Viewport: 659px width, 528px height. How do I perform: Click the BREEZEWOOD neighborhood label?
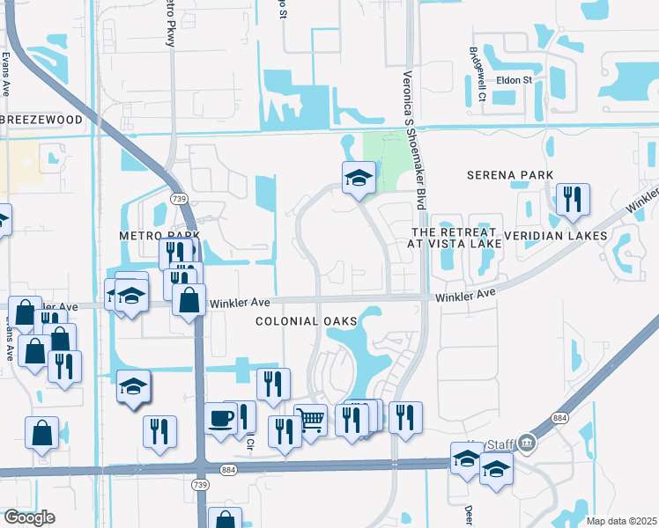click(x=42, y=120)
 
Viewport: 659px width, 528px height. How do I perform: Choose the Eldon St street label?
click(x=515, y=80)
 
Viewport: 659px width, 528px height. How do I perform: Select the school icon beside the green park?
click(x=359, y=179)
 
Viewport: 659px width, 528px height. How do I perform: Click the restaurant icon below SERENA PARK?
click(x=573, y=200)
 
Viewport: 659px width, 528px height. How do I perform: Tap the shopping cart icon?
click(x=310, y=421)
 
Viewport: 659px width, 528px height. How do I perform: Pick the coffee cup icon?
click(x=221, y=419)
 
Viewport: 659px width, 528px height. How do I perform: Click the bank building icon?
click(x=527, y=441)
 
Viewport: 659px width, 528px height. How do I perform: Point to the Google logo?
click(x=29, y=517)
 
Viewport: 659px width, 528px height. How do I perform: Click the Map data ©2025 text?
click(x=621, y=521)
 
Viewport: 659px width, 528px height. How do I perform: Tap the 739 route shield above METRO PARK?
click(x=181, y=200)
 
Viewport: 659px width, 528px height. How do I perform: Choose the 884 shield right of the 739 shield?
click(x=228, y=471)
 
